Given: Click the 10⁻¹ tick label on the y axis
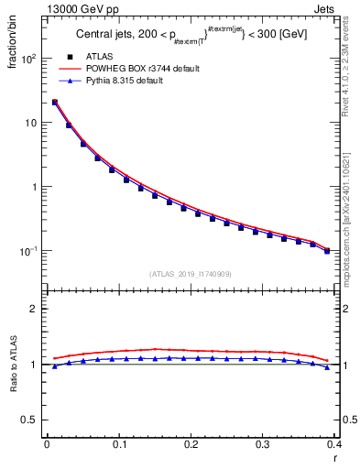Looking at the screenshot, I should (x=28, y=251).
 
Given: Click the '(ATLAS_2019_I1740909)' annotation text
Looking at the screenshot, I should (x=191, y=273).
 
